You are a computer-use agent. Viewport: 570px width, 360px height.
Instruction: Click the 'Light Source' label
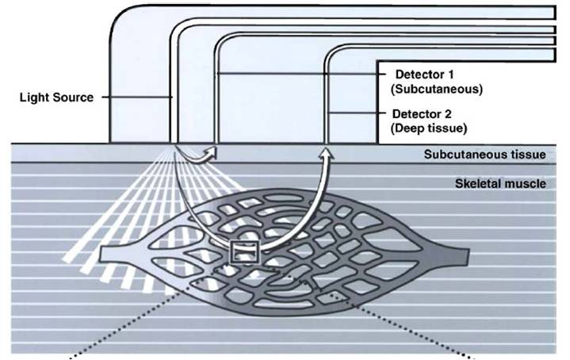pos(56,98)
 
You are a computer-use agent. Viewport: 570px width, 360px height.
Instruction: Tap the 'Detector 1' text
pos(424,75)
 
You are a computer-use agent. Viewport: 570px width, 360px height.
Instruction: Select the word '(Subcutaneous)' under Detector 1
pos(437,89)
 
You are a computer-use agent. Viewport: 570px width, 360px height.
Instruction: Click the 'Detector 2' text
pos(422,114)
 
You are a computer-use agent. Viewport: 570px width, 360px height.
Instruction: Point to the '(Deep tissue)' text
pos(429,128)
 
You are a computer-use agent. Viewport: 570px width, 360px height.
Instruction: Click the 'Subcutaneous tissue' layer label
pos(485,154)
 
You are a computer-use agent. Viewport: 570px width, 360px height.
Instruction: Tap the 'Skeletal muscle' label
pos(500,183)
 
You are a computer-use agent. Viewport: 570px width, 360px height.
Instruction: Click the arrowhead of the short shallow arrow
pos(212,151)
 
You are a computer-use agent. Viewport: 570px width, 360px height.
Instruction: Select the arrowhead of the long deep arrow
pos(326,154)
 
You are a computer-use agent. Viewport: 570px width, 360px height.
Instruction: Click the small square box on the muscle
pos(246,252)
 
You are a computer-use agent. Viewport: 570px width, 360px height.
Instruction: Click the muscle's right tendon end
pos(465,256)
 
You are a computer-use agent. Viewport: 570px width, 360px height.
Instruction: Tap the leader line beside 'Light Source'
pos(136,97)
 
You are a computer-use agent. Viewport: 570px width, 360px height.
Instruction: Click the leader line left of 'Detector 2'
pos(357,113)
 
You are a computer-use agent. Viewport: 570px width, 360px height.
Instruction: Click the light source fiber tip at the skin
pos(174,142)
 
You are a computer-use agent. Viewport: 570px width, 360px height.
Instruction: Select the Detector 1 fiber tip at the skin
pos(216,142)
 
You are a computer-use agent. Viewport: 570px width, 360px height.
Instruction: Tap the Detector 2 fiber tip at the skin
pos(326,142)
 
